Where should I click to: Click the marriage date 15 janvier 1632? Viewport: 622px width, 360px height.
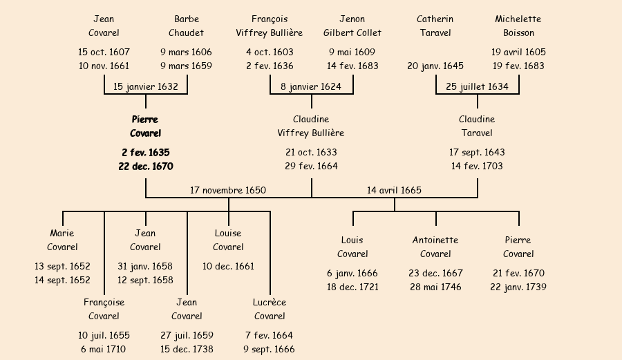[x=145, y=87]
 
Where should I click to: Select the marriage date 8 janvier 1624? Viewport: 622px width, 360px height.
[x=311, y=87]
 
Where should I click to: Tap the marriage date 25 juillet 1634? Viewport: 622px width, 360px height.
[x=477, y=87]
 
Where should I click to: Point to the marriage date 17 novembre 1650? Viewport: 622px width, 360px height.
[x=228, y=190]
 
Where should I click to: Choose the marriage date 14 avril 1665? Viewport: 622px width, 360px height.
[x=394, y=190]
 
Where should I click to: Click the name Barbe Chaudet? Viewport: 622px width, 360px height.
[x=187, y=26]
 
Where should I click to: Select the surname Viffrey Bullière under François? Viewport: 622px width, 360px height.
[x=270, y=32]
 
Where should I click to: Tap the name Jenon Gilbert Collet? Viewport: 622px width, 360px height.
[x=352, y=26]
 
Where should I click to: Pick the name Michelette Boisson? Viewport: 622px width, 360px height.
[x=518, y=26]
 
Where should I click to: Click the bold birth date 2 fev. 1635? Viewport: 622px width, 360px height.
[x=145, y=153]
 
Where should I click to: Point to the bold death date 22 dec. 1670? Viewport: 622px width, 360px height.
[x=145, y=167]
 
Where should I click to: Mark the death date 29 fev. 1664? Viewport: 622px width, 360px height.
[x=311, y=167]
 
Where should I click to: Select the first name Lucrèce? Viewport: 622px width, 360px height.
[x=270, y=303]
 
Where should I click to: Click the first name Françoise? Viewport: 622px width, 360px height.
[x=104, y=303]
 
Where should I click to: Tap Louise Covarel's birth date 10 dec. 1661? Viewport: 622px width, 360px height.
[x=228, y=266]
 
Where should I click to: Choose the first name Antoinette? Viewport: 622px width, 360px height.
[x=435, y=240]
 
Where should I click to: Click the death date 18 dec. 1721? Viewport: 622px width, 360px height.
[x=352, y=287]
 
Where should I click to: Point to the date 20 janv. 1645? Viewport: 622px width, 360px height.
[x=435, y=66]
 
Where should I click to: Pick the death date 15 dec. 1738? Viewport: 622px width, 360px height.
[x=187, y=349]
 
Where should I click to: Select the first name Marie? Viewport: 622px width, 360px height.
[x=62, y=234]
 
